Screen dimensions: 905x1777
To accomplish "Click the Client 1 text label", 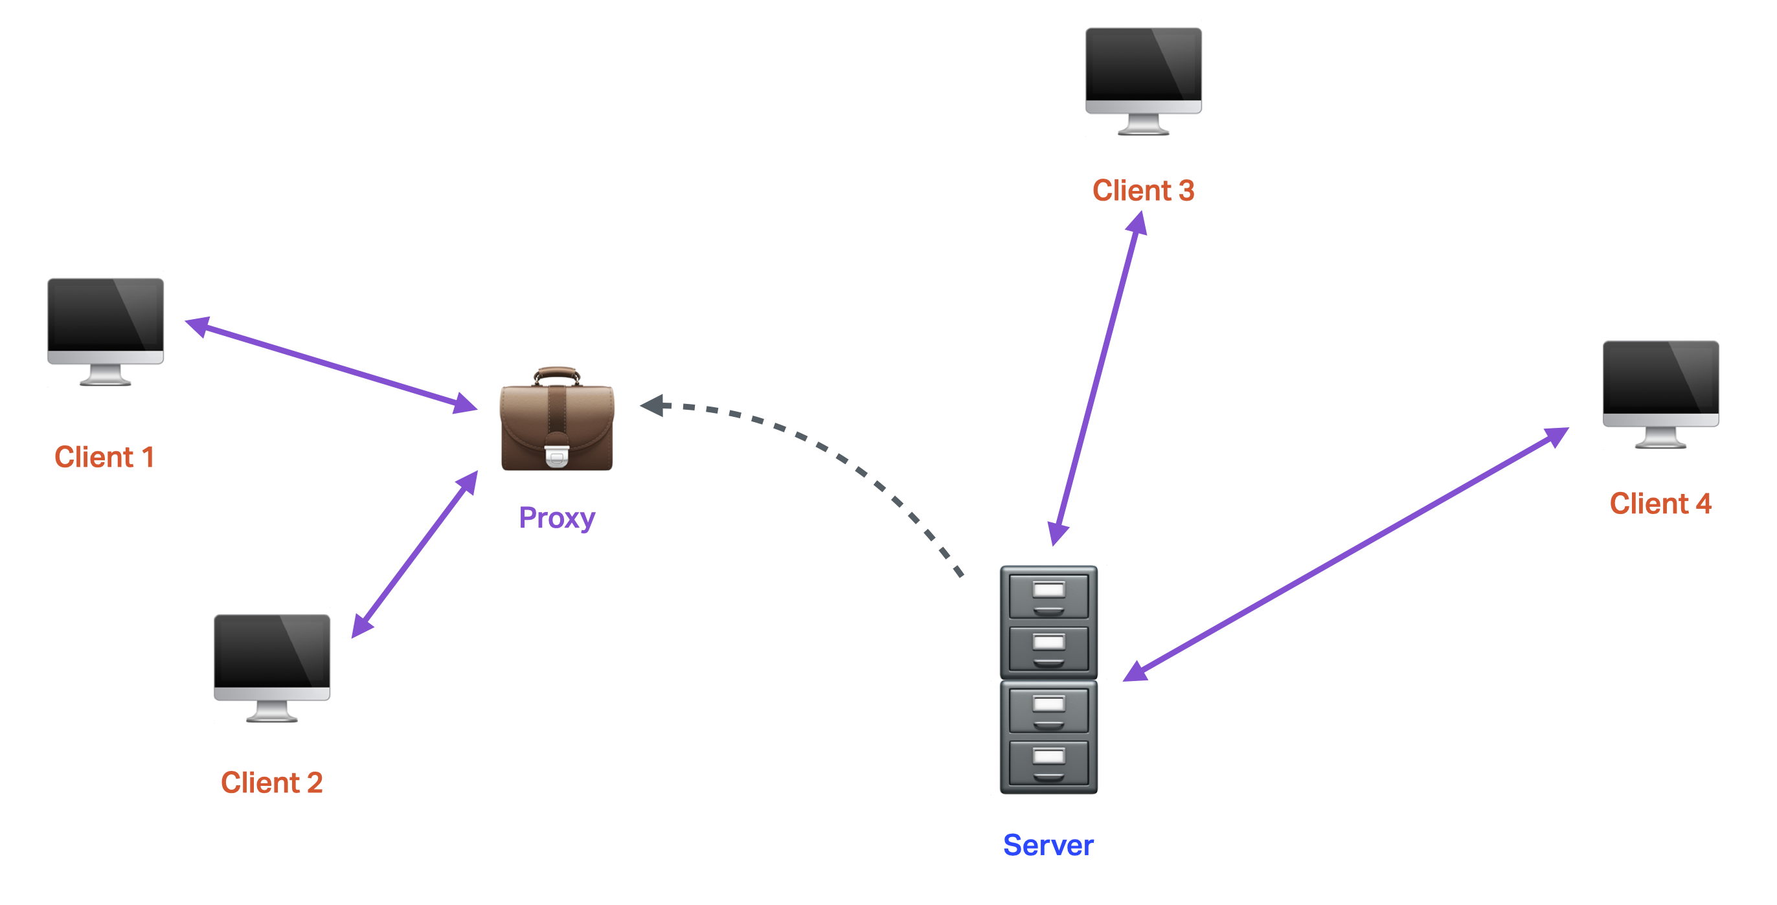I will pos(104,457).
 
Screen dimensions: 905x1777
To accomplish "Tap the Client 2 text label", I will pos(272,783).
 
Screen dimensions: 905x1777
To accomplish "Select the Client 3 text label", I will pos(1143,190).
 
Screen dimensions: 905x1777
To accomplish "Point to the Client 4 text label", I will pos(1660,504).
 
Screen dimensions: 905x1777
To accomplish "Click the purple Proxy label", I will pos(557,517).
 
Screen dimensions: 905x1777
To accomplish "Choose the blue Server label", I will pos(1048,845).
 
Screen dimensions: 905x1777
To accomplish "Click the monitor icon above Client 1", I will pos(106,324).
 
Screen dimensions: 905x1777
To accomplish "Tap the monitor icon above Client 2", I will pos(272,660).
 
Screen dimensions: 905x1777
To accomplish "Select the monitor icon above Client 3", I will pos(1143,73).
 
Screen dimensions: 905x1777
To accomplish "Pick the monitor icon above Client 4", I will pos(1660,386).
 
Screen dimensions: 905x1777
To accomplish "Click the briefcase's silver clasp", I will pos(557,456).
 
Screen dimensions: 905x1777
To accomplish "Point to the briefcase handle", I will pos(557,374).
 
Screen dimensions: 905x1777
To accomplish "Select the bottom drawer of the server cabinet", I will pos(1048,763).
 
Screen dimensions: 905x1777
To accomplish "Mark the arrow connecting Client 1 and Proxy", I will pos(331,365).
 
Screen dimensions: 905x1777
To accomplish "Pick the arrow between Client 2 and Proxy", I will pos(414,554).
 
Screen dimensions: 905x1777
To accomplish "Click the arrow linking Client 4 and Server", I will pos(1345,554).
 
